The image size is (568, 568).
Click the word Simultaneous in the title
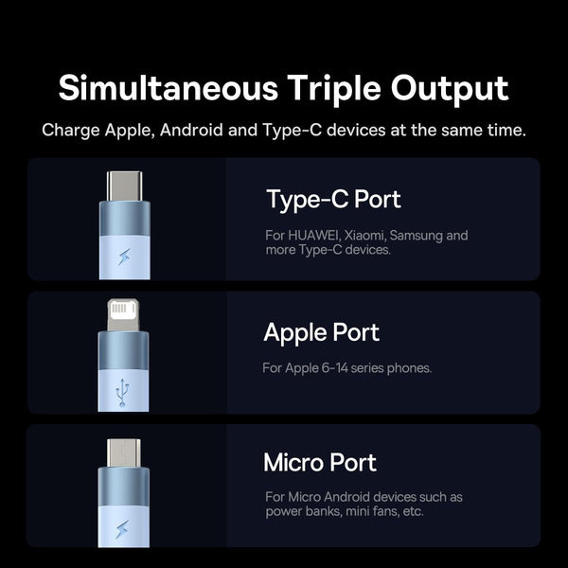(169, 88)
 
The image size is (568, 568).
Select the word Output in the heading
(450, 90)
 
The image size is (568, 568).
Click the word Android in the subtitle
(191, 130)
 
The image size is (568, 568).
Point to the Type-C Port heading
(333, 200)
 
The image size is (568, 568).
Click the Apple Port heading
(321, 333)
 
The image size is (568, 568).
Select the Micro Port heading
(320, 463)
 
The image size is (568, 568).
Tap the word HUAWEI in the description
(313, 236)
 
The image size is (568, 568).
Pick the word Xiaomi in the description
(365, 236)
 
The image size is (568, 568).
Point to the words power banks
(304, 511)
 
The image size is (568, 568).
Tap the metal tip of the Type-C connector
(124, 186)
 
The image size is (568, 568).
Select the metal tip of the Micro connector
(124, 453)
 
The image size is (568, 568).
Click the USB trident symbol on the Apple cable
(122, 393)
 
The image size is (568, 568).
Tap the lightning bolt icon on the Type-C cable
(124, 257)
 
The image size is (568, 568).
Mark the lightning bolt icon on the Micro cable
(122, 529)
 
